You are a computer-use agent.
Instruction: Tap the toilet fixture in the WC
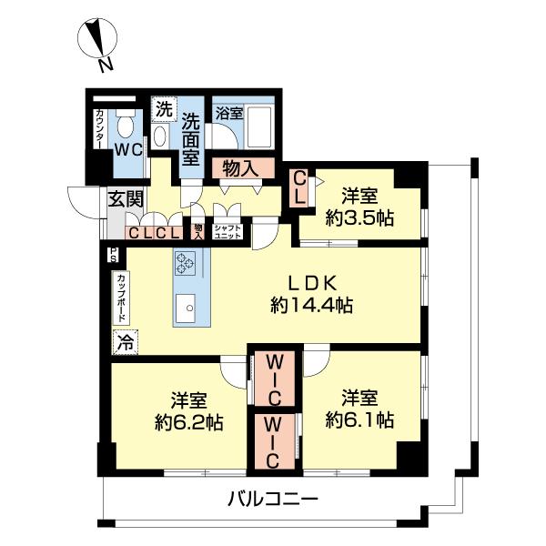(x=126, y=124)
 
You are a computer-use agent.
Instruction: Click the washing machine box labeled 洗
(x=163, y=108)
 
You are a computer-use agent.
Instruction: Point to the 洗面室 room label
(x=190, y=137)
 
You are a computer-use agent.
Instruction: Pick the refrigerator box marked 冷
(x=125, y=342)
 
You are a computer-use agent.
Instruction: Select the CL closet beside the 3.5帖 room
(x=299, y=190)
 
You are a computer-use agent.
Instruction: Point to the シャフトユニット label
(x=227, y=231)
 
